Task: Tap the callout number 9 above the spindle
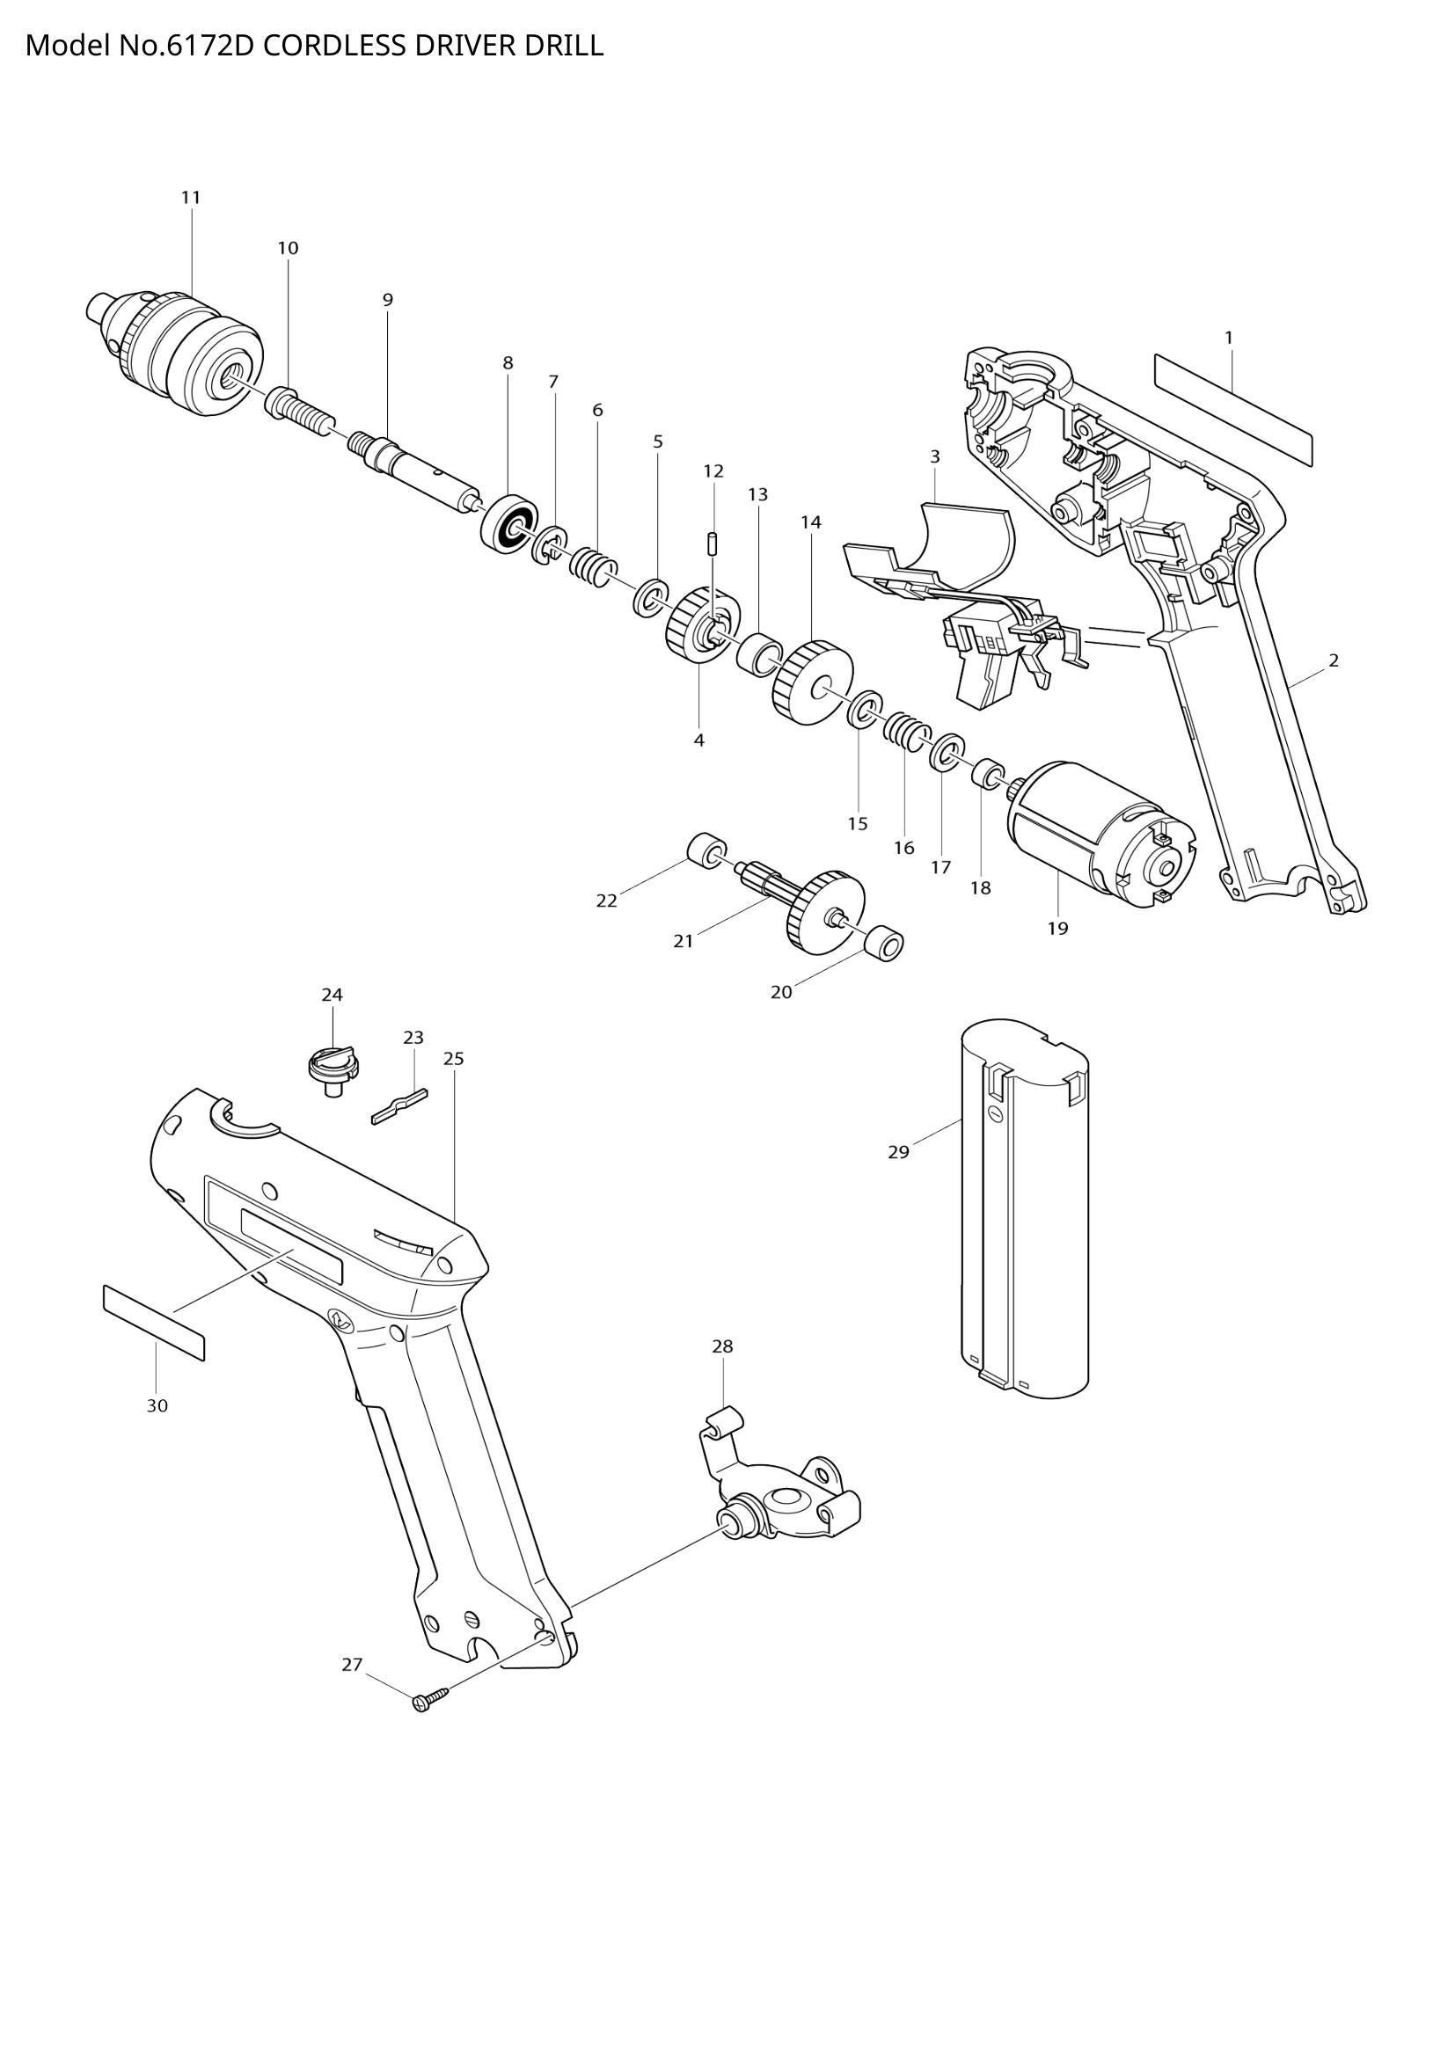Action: [x=387, y=300]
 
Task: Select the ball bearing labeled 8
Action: [x=508, y=521]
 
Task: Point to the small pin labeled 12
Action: [x=713, y=543]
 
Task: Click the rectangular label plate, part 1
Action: [x=1232, y=409]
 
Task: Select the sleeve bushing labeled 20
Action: [x=885, y=943]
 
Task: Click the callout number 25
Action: [x=453, y=1059]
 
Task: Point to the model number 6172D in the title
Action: [x=209, y=46]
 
